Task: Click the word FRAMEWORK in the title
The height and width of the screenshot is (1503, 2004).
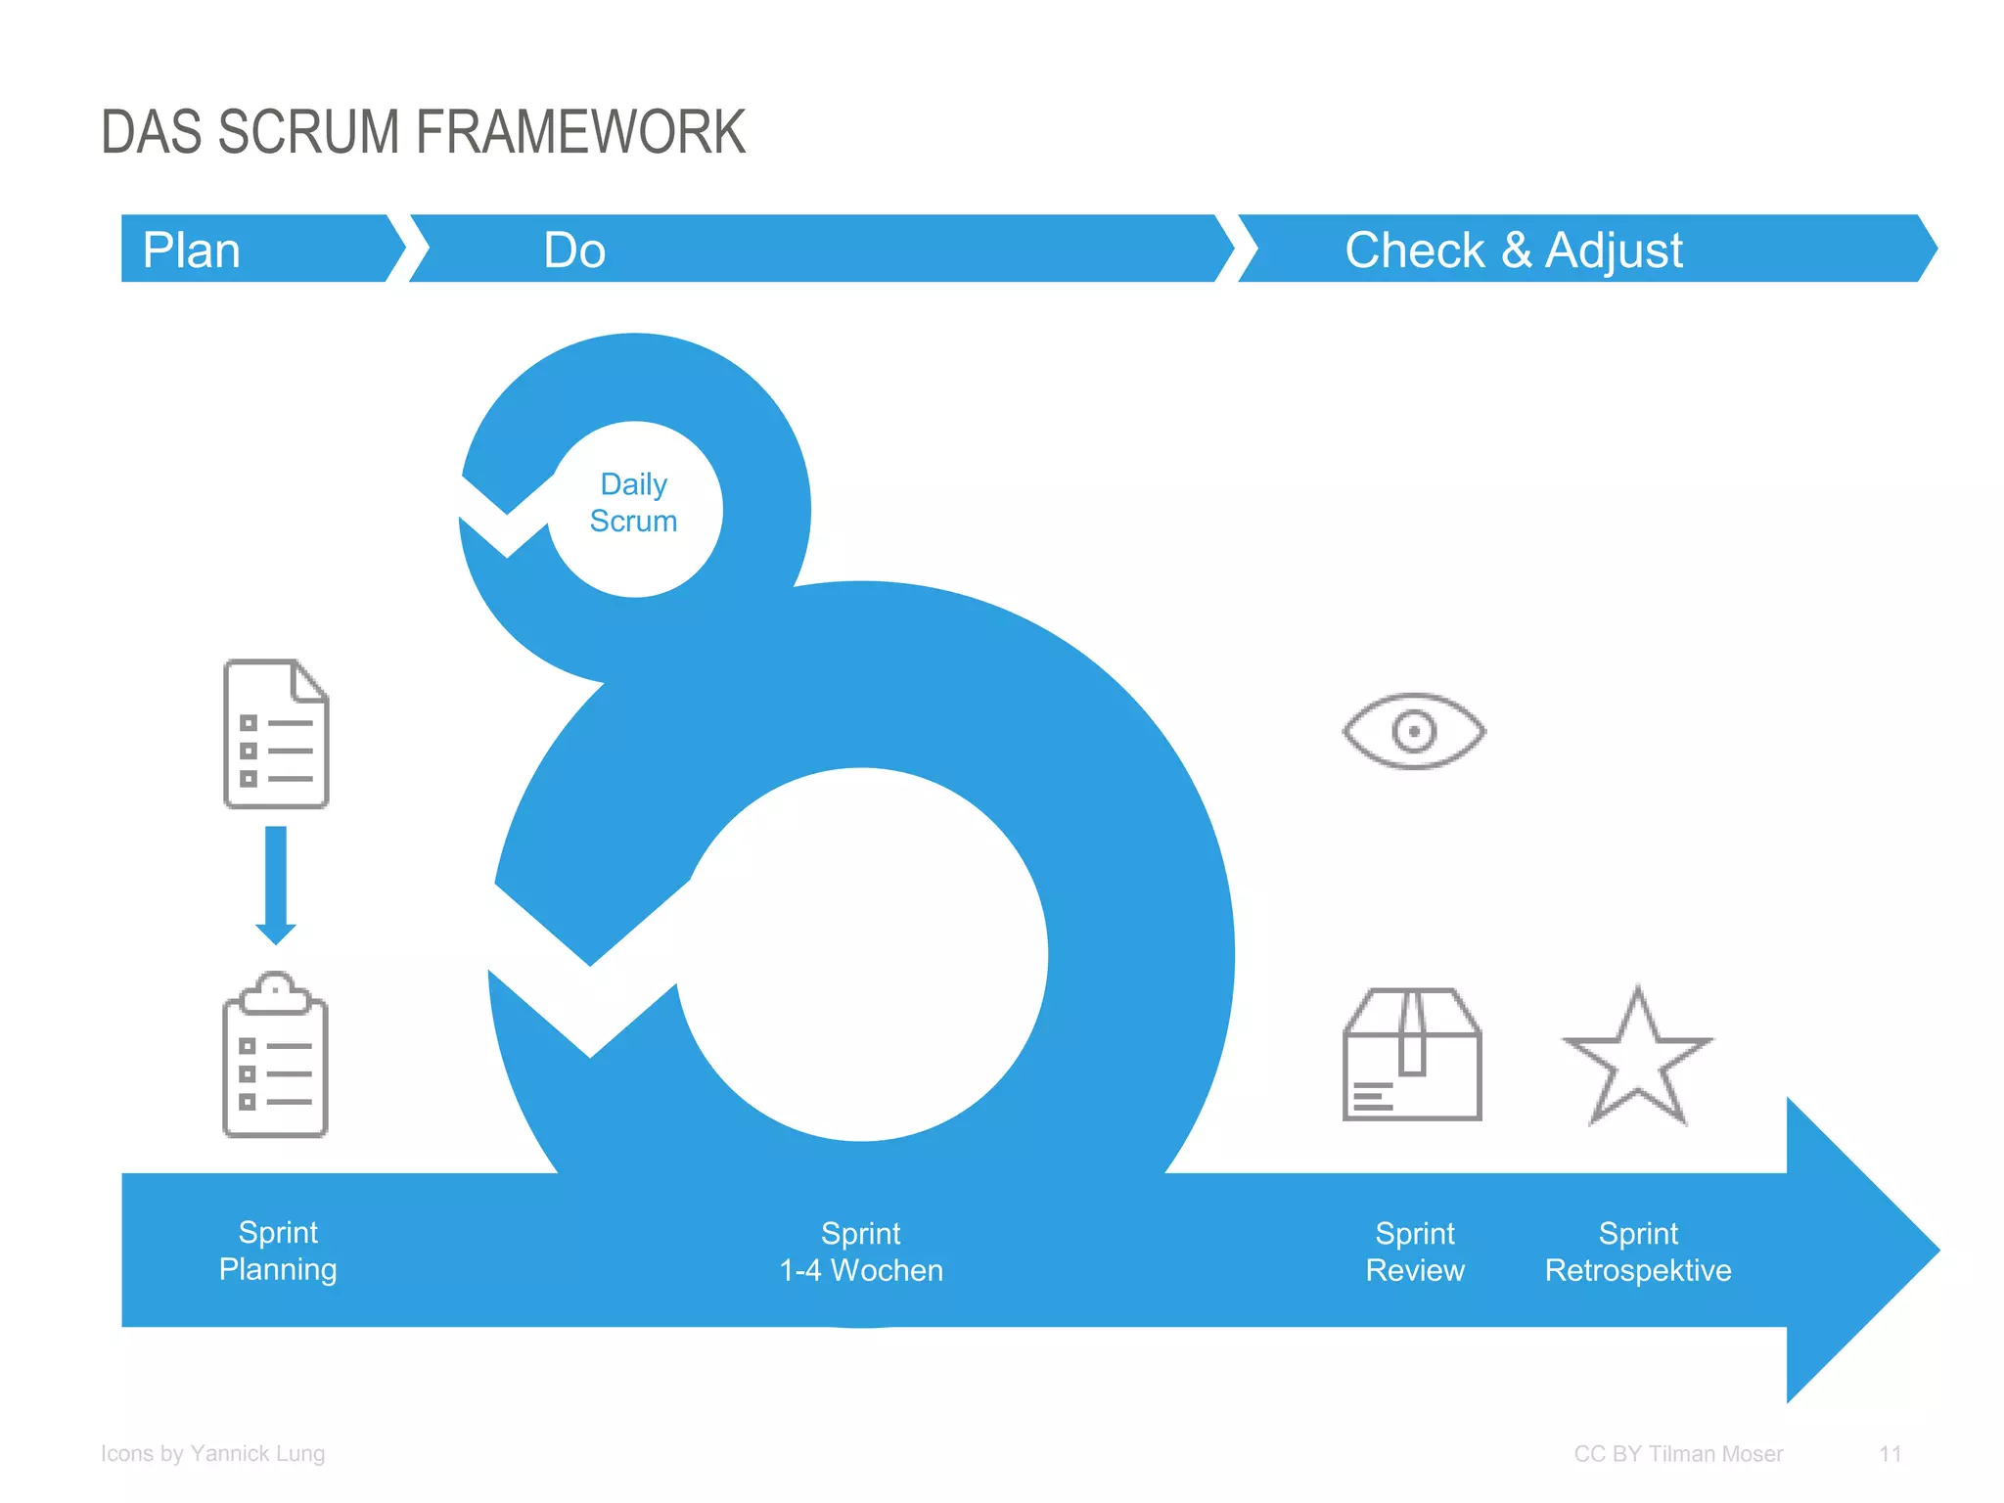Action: coord(580,133)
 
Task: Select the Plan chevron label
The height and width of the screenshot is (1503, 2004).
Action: coord(192,250)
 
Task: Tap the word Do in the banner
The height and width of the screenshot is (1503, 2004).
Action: coord(574,250)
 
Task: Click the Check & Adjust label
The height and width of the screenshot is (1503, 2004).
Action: coord(1513,250)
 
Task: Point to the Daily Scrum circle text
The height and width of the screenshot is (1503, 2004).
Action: coord(634,503)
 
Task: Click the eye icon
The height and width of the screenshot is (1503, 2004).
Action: coord(1414,731)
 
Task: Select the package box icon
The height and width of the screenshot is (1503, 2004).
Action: coord(1412,1055)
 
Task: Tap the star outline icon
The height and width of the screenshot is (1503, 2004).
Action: coord(1637,1061)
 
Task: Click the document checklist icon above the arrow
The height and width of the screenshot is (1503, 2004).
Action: coord(276,734)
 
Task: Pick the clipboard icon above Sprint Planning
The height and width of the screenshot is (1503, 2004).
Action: coord(276,1057)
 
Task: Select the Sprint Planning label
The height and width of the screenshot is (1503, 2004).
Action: coord(278,1251)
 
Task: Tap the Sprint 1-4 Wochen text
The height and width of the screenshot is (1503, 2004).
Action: coord(861,1252)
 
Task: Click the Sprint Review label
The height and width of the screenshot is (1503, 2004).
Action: coord(1415,1252)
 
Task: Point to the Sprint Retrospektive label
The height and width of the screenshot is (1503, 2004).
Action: coord(1638,1252)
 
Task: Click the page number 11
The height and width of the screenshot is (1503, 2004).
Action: coord(1890,1454)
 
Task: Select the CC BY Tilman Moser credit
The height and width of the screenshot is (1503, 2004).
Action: coord(1678,1454)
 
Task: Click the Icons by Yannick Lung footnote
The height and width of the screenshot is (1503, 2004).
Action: coord(212,1454)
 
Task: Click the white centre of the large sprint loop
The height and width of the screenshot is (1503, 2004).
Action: coord(862,954)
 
